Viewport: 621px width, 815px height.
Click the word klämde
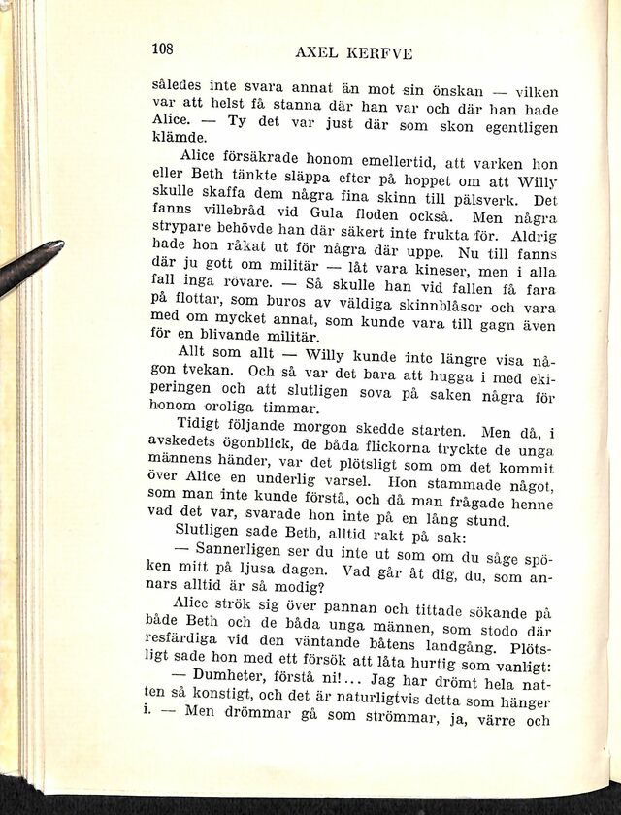click(175, 137)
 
